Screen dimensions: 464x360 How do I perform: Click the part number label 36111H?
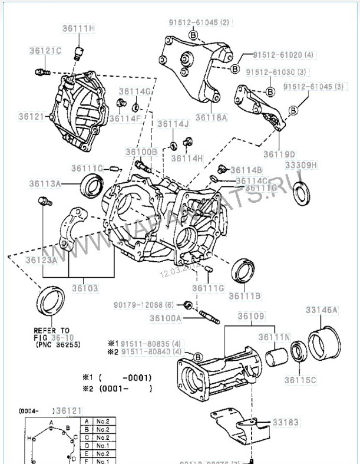click(x=78, y=28)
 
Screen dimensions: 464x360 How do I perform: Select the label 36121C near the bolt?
click(x=45, y=51)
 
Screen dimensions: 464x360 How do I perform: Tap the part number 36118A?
click(x=210, y=117)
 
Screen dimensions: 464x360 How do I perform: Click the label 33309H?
click(x=301, y=165)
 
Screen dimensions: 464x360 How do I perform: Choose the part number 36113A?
click(x=45, y=184)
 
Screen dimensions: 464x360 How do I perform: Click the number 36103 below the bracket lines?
click(x=85, y=289)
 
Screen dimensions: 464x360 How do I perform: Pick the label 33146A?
click(x=321, y=310)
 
